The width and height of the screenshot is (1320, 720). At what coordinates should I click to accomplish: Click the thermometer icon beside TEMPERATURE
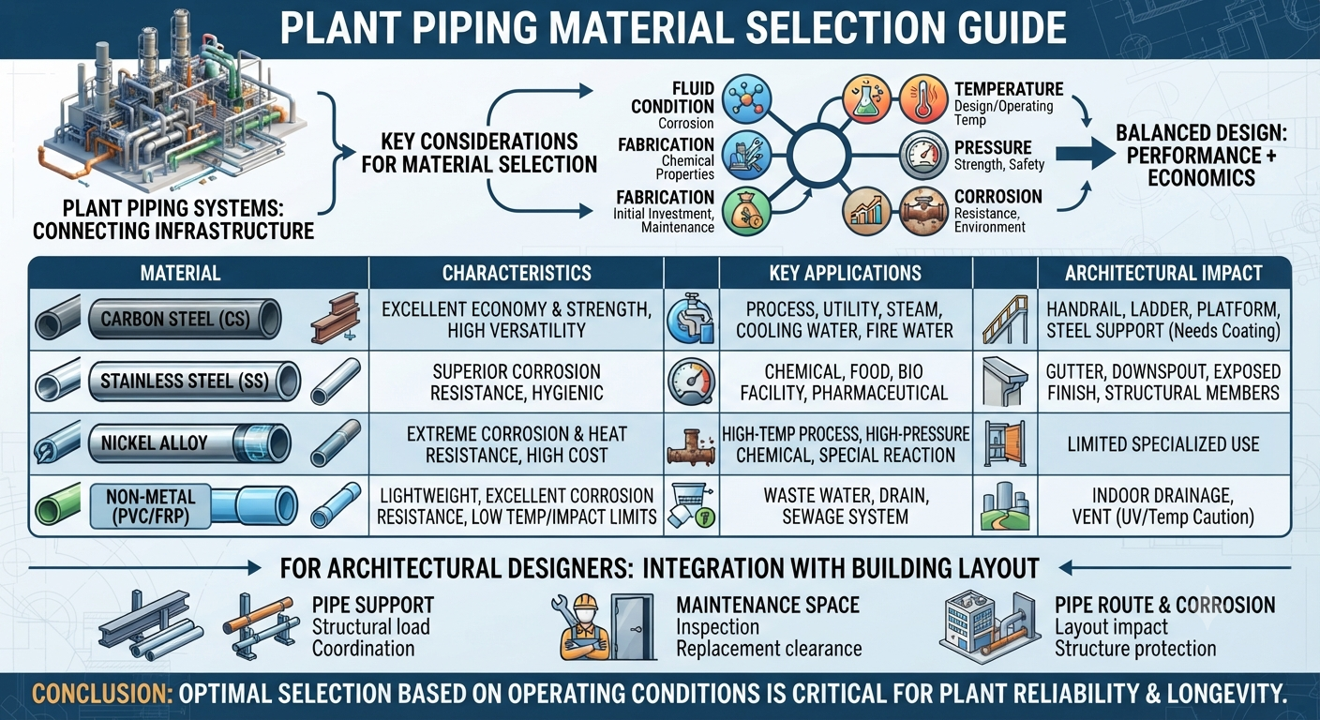923,98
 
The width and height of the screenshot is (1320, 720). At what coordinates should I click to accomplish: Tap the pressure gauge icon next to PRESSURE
923,156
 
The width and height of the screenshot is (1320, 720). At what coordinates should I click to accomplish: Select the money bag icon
746,211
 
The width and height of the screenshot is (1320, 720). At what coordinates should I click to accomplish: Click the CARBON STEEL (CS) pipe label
175,319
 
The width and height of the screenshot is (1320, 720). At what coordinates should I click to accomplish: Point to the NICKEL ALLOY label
155,443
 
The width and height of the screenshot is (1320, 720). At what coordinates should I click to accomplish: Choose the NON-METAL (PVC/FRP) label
151,506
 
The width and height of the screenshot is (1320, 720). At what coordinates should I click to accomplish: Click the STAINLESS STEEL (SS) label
185,382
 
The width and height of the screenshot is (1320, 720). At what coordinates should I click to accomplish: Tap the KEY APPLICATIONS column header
845,273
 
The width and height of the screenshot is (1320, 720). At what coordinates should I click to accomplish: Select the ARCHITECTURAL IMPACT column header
1163,273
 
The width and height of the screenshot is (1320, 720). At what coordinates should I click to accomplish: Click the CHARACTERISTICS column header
517,273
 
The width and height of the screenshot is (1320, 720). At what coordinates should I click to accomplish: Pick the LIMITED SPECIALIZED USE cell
1163,443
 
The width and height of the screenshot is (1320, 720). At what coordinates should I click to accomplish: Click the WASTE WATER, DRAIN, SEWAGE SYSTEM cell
845,506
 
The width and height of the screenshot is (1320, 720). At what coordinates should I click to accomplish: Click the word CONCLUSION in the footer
101,694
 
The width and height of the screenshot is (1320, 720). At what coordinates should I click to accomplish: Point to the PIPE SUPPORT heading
373,605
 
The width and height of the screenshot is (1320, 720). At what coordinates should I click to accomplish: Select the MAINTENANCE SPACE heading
768,605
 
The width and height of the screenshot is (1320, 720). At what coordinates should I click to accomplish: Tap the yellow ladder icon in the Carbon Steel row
1005,320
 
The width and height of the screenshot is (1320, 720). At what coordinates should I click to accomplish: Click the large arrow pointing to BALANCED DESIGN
1085,155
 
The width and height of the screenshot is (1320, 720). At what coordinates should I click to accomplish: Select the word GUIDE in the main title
995,27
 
